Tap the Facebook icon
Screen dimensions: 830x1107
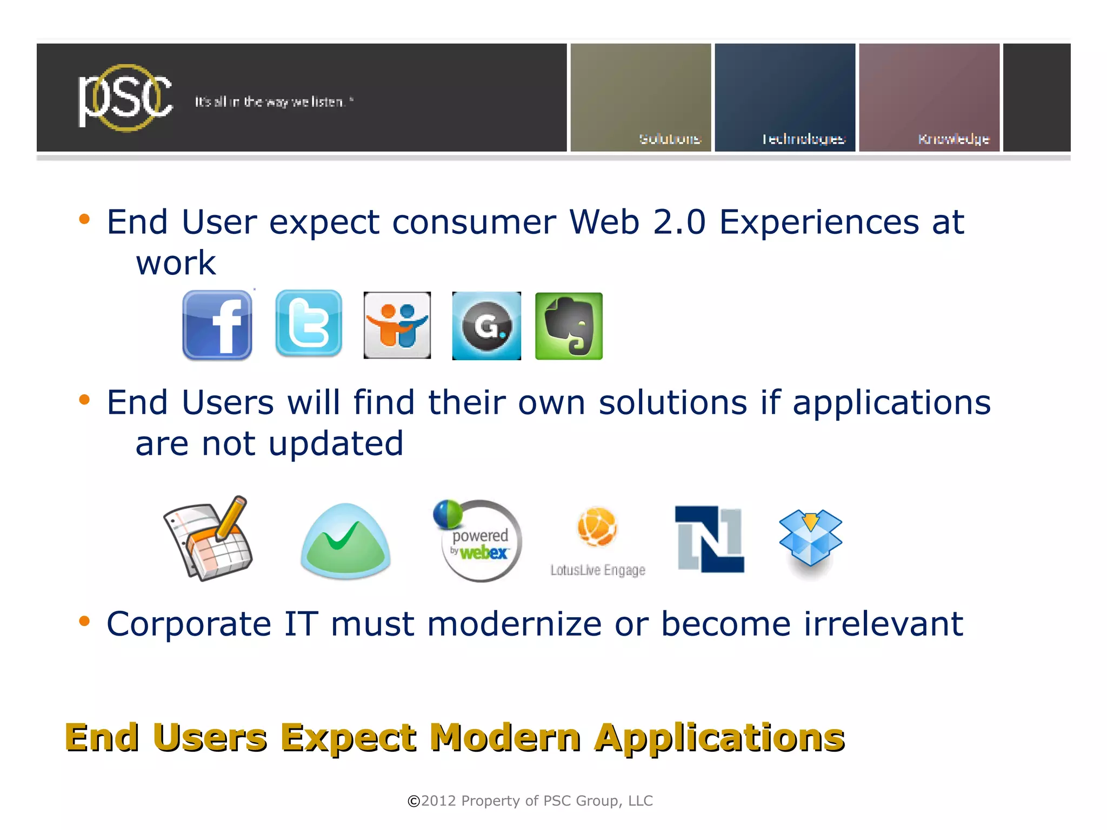[217, 325]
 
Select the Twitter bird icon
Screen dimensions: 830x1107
[309, 323]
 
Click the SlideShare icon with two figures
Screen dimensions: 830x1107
[397, 325]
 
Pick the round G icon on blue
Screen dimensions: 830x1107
[486, 326]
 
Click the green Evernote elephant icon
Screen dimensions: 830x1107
[569, 326]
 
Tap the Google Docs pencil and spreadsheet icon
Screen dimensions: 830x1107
[209, 539]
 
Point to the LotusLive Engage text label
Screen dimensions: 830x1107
[598, 570]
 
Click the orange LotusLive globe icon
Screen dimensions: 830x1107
[597, 527]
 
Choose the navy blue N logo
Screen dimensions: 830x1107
[710, 539]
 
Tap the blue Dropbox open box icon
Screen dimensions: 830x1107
[810, 537]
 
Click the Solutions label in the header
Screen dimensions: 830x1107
[670, 139]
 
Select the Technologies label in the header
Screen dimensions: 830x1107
[804, 139]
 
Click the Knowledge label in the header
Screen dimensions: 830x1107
[953, 139]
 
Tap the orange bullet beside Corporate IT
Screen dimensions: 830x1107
[84, 621]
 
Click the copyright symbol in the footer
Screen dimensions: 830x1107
[414, 801]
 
